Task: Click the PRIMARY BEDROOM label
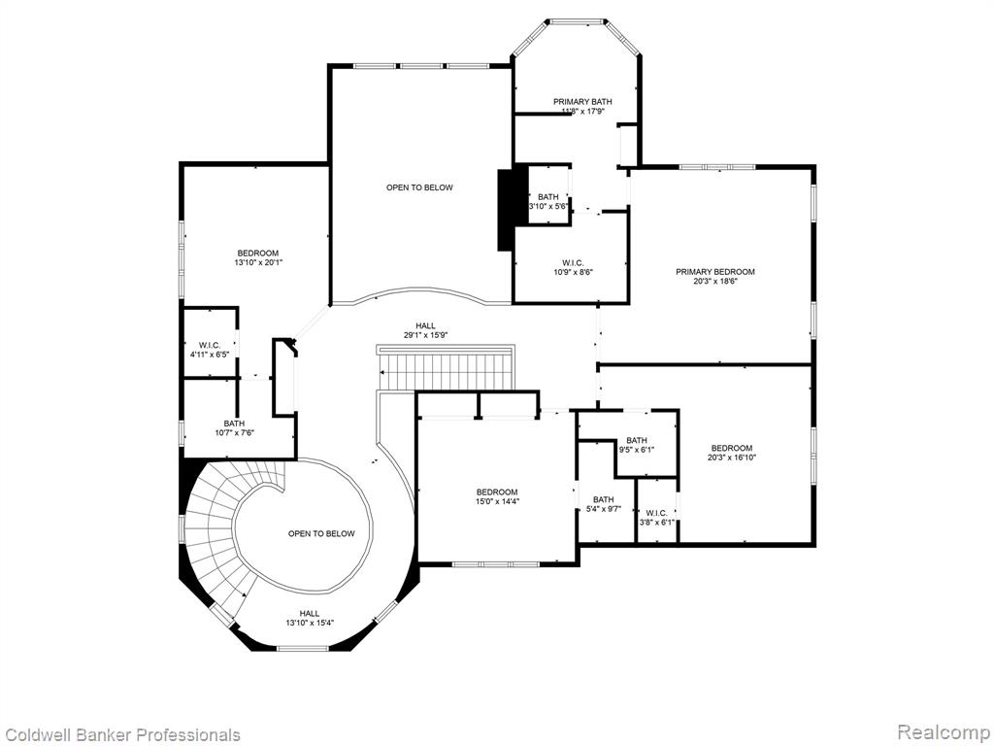coord(715,272)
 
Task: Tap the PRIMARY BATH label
coord(582,101)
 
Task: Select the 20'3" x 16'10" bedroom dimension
coord(732,458)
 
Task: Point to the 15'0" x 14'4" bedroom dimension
coord(497,501)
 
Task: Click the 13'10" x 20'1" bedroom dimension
coord(258,262)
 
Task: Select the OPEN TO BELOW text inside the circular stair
coord(321,533)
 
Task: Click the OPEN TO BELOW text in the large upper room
coord(419,187)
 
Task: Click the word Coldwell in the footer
coord(32,734)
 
